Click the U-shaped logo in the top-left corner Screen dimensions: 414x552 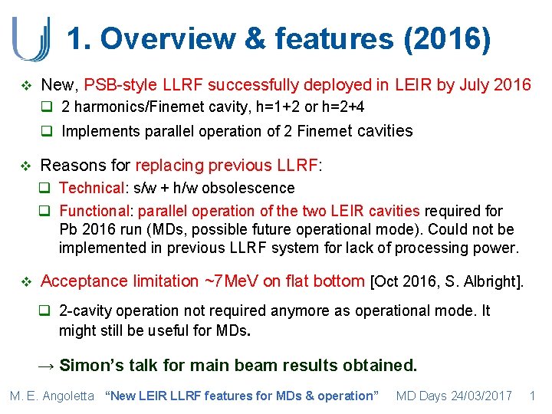point(31,38)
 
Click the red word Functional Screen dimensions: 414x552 point(94,211)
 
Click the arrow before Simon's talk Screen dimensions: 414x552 point(48,365)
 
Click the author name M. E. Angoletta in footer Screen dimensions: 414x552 point(52,396)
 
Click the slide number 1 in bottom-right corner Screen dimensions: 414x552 point(532,396)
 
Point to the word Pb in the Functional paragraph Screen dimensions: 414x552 point(67,229)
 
